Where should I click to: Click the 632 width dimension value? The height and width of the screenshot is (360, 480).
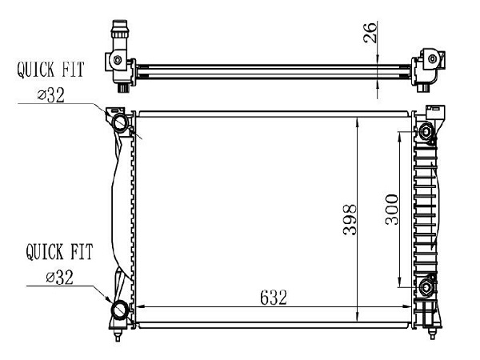pos(274,298)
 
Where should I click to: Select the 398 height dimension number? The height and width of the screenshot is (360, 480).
pos(350,220)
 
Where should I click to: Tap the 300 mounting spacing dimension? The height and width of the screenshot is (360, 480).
pos(392,210)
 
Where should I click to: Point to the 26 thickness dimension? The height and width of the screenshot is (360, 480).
pos(370,33)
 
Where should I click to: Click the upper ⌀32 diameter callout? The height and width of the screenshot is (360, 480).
pos(51,95)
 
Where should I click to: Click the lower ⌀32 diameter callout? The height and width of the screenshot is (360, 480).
pos(60,278)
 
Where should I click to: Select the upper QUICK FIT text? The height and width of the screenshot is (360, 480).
pos(50,70)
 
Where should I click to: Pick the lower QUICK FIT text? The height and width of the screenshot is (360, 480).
pos(59,252)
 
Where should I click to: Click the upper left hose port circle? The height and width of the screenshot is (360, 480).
pos(120,122)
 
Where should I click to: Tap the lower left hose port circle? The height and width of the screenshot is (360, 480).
pos(120,310)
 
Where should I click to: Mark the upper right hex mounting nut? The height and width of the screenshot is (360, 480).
pos(426,131)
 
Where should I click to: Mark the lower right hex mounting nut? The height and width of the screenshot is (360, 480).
pos(426,287)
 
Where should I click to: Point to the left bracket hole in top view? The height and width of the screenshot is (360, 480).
pos(118,60)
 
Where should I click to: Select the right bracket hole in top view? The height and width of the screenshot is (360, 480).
pos(432,58)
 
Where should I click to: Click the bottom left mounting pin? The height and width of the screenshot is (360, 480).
pos(118,334)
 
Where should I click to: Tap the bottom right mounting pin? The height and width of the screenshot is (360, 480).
pos(432,333)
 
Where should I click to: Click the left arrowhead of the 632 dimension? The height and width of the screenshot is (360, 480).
pos(140,306)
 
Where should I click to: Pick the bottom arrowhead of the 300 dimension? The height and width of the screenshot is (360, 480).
pos(399,282)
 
